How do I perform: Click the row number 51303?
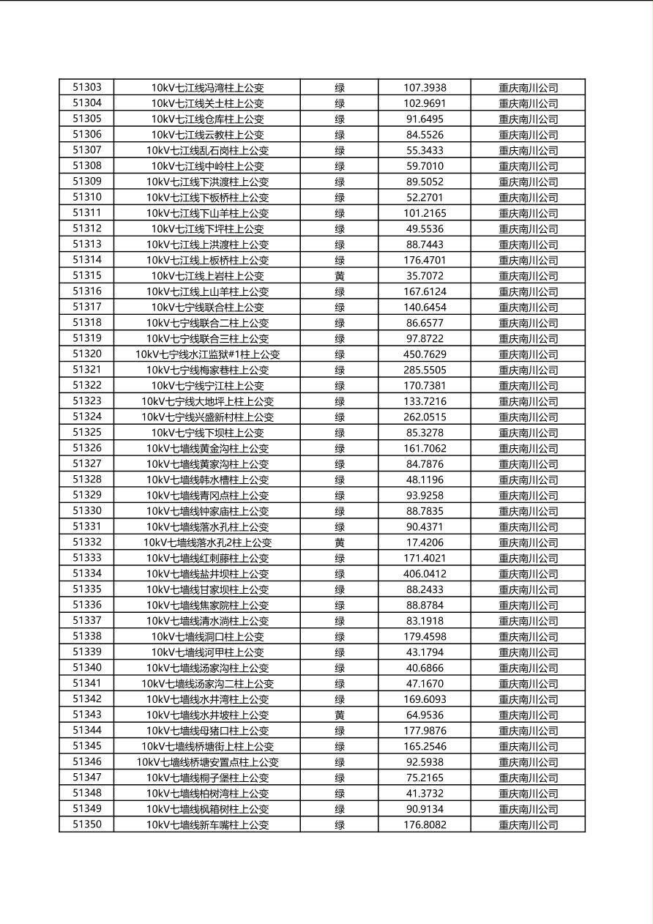[x=87, y=87]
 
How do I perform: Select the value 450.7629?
[x=425, y=354]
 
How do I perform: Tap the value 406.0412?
[x=425, y=574]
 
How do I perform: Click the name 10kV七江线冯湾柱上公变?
[x=207, y=88]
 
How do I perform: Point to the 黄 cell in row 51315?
[x=340, y=276]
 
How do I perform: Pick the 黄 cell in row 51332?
[x=340, y=543]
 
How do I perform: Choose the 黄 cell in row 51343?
[x=340, y=715]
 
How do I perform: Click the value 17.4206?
[x=425, y=543]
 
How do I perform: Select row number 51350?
[x=87, y=824]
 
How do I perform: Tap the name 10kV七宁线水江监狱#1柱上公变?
[x=207, y=354]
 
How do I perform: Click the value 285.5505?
[x=425, y=370]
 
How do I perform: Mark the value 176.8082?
[x=425, y=825]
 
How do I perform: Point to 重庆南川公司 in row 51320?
[x=528, y=354]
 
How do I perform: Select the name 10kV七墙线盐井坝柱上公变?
[x=207, y=574]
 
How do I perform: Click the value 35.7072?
[x=425, y=276]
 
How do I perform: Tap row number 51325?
[x=87, y=432]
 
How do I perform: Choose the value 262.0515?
[x=425, y=417]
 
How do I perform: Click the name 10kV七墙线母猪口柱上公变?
[x=207, y=731]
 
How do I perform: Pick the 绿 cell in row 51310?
[x=340, y=198]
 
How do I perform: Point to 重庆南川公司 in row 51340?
[x=528, y=668]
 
